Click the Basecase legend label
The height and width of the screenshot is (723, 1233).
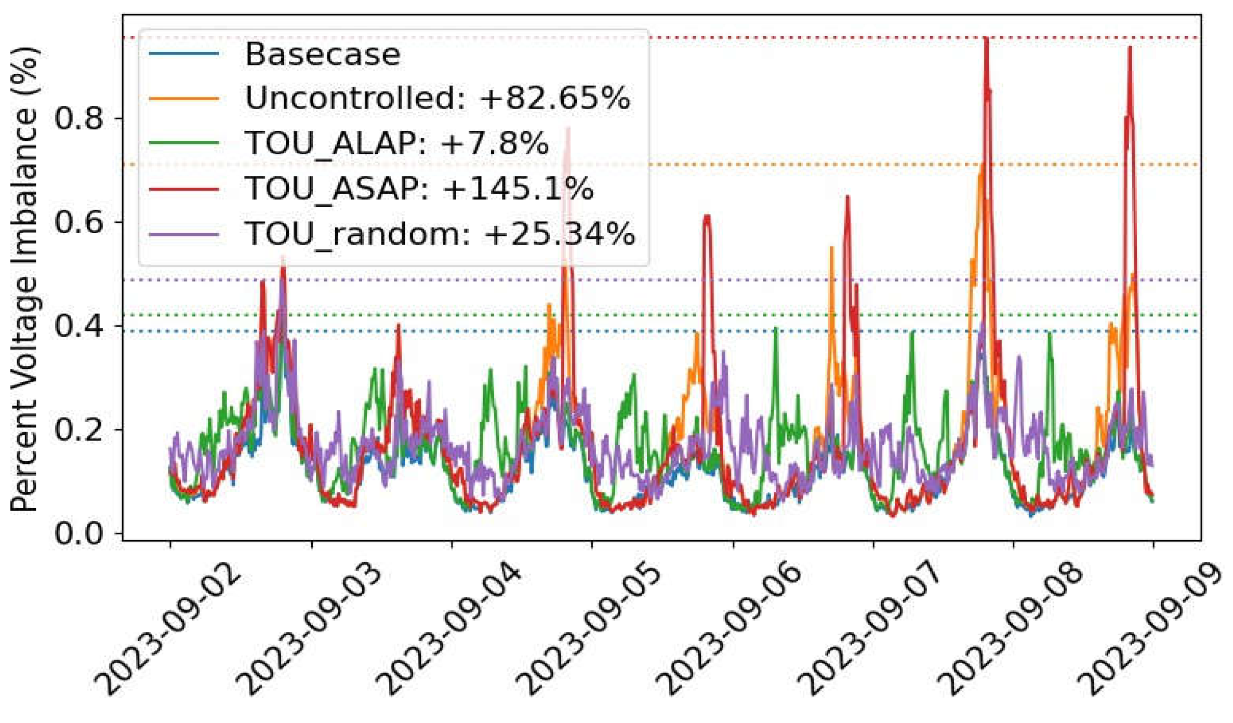coord(322,54)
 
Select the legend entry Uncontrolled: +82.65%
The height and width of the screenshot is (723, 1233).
coord(437,98)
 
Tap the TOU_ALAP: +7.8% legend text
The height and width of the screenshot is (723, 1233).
coord(396,143)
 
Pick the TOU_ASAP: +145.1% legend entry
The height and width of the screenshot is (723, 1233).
coord(419,188)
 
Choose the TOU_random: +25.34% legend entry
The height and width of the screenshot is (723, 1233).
coord(440,233)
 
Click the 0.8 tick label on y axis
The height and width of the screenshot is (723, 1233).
coord(79,118)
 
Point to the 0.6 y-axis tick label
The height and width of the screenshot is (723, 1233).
coord(79,222)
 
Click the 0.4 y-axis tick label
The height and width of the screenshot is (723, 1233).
coord(79,326)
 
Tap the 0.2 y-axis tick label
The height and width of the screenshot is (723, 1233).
coord(79,430)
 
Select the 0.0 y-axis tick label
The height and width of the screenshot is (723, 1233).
coord(79,533)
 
